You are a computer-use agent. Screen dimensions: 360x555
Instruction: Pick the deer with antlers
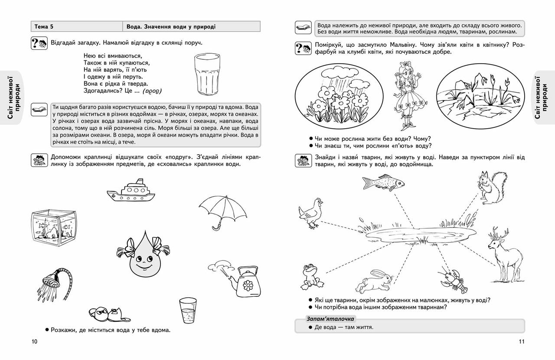(x=503, y=253)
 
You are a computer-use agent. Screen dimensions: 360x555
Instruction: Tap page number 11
(x=522, y=341)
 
